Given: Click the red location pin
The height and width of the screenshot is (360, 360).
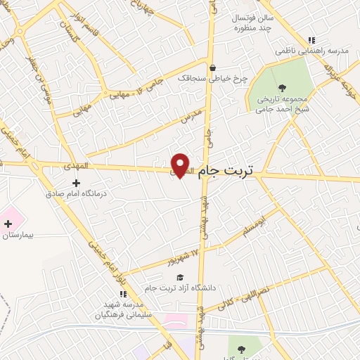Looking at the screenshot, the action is (x=181, y=165).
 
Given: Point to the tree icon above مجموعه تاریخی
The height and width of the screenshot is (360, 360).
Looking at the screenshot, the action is (x=282, y=88).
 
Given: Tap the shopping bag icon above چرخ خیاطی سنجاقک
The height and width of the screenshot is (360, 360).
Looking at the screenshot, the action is (x=212, y=67).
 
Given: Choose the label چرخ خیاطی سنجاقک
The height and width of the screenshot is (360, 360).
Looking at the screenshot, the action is (x=213, y=78).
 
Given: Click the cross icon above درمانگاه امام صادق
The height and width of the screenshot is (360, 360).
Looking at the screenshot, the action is (x=76, y=183).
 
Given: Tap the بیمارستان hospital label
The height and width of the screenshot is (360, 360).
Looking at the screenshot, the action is (x=18, y=236).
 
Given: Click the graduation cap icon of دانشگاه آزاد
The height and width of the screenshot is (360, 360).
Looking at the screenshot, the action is (x=180, y=277).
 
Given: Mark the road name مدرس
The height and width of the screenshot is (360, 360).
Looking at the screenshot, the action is (x=192, y=115).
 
